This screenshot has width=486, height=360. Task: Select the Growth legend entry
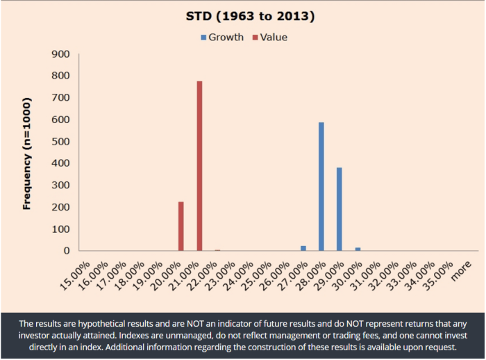pyautogui.click(x=221, y=38)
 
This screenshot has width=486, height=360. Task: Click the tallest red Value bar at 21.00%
pyautogui.click(x=199, y=166)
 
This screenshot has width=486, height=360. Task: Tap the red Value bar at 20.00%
pyautogui.click(x=181, y=226)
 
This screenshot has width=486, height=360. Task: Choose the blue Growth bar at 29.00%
pyautogui.click(x=340, y=208)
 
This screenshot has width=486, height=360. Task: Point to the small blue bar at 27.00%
pyautogui.click(x=303, y=248)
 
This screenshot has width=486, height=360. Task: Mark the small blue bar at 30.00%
pyautogui.click(x=358, y=249)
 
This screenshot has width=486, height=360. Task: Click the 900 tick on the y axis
pyautogui.click(x=62, y=54)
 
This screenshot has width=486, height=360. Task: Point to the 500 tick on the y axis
pyautogui.click(x=62, y=141)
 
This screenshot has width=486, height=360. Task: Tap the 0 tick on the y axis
pyautogui.click(x=67, y=251)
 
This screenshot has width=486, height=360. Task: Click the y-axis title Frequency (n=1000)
pyautogui.click(x=27, y=153)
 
